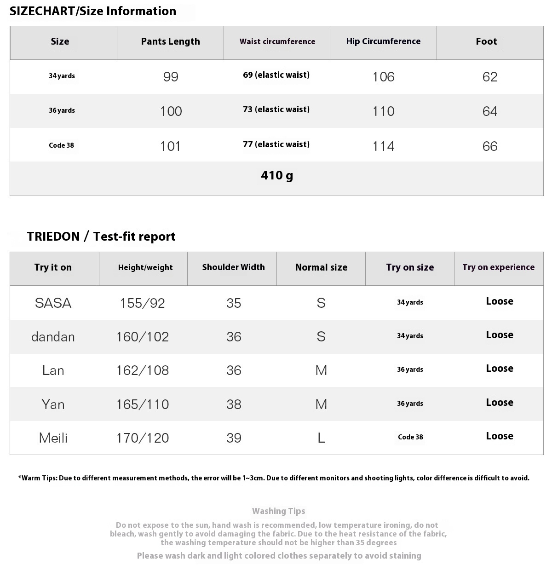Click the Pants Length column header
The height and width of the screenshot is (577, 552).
[170, 41]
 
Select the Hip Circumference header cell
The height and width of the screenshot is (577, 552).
[383, 41]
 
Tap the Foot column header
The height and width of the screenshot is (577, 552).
[486, 41]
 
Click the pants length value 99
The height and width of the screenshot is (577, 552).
[171, 77]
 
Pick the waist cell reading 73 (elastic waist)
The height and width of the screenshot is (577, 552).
[276, 110]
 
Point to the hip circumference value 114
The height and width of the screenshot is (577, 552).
[383, 146]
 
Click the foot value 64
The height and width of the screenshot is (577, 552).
[490, 111]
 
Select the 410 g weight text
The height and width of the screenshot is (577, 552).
[276, 175]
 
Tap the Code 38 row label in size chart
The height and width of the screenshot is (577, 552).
[61, 145]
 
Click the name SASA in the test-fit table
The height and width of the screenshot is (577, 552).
[53, 303]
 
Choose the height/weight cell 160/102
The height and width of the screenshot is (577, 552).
[143, 337]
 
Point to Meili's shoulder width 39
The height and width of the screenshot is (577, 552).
[234, 438]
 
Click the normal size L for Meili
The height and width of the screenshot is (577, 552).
[321, 438]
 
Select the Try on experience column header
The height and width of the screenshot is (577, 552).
[499, 267]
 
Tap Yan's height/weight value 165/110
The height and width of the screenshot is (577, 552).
[143, 404]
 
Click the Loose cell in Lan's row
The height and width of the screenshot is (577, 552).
[500, 369]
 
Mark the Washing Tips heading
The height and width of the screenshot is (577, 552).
[278, 511]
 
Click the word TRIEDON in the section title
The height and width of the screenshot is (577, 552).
[53, 237]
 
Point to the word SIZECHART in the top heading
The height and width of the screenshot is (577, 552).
[42, 11]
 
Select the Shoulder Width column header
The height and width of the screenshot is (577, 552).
[233, 267]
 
